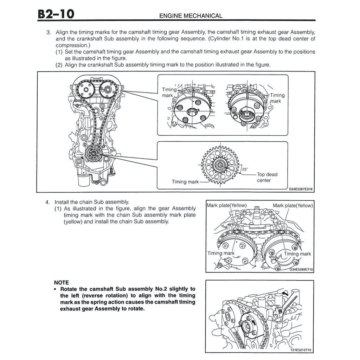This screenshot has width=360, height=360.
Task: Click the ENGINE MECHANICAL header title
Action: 191,16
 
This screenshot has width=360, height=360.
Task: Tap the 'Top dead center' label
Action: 267,177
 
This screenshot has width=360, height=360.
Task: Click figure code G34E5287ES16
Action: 301,189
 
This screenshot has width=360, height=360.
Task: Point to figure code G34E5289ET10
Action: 301,270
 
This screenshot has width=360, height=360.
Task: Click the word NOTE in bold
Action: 62,282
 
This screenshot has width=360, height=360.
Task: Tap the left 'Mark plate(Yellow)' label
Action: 226,205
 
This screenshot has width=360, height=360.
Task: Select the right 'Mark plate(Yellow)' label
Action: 292,205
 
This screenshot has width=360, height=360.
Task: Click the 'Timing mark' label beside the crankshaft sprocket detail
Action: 185,182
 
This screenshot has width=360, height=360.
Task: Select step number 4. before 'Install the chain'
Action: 47,202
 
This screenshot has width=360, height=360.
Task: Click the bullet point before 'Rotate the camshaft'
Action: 56,289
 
